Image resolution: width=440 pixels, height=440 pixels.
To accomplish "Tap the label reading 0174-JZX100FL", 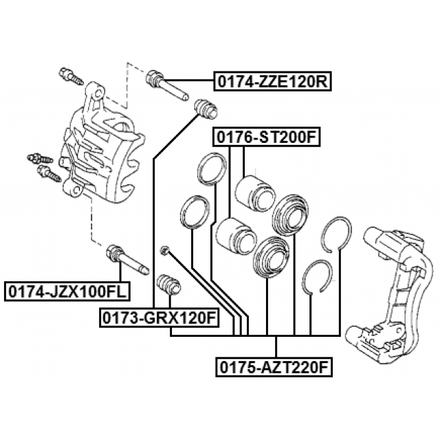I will coord(65,291).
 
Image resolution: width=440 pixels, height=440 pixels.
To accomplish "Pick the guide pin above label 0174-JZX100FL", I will coord(124,261).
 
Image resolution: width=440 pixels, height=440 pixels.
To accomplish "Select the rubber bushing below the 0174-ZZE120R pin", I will coord(206,108).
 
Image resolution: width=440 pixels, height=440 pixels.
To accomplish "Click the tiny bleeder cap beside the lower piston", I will coord(164,250).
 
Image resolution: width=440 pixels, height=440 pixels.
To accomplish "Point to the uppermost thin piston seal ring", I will coord(211,170).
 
